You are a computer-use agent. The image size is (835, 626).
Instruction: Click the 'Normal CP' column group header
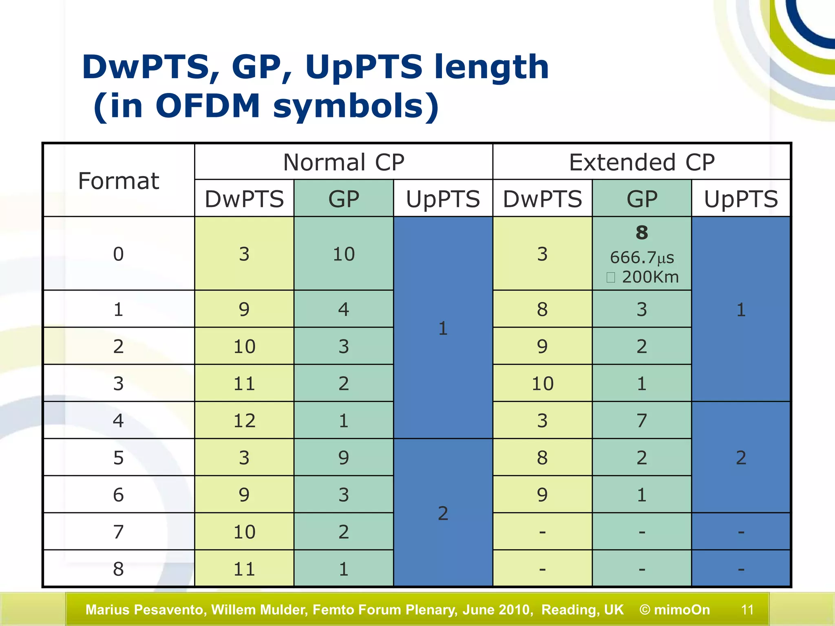point(343,162)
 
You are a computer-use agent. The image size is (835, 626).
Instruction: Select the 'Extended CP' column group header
point(641,162)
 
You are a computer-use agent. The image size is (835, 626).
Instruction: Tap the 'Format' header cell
point(118,181)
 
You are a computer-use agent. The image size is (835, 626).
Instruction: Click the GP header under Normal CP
point(343,199)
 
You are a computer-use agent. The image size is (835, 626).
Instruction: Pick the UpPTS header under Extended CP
point(741,199)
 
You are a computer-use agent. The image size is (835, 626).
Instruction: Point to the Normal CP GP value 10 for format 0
point(343,254)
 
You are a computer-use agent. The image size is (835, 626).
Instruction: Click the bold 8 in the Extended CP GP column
point(641,233)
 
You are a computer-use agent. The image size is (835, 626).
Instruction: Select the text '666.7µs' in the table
point(641,258)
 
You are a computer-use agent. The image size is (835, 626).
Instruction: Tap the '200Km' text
point(650,277)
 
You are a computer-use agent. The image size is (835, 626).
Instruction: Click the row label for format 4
point(118,420)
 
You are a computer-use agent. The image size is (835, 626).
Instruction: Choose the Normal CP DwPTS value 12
point(244,420)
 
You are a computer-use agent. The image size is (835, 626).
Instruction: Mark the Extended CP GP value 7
point(641,420)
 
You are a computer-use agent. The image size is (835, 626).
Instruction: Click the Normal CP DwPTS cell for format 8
point(244,569)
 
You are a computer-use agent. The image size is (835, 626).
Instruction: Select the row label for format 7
point(118,531)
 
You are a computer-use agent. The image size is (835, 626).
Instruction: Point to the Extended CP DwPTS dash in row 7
point(542,531)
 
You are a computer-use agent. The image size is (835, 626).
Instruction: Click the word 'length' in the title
point(491,67)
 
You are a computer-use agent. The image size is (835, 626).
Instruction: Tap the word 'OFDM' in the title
point(208,106)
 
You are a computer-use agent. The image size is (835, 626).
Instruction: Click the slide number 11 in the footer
point(747,610)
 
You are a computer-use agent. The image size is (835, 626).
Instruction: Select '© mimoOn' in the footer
point(674,610)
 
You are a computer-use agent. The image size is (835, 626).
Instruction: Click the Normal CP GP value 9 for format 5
point(343,457)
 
